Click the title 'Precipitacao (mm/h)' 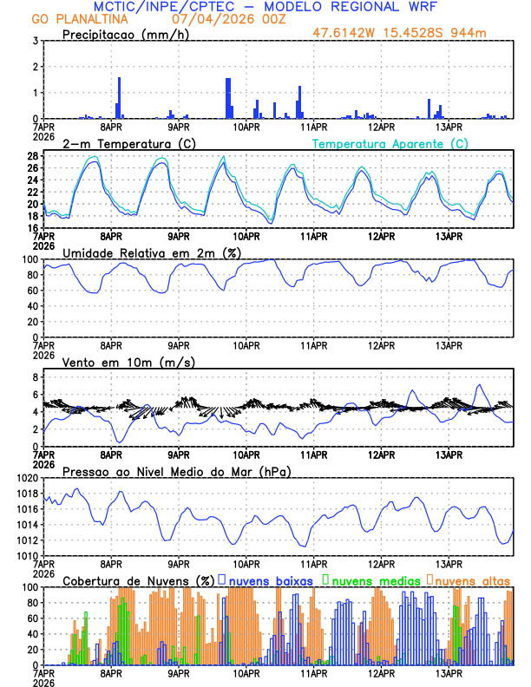click(120, 34)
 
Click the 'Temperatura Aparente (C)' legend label click(390, 143)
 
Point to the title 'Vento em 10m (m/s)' click(116, 362)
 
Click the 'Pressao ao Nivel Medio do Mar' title click(176, 471)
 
